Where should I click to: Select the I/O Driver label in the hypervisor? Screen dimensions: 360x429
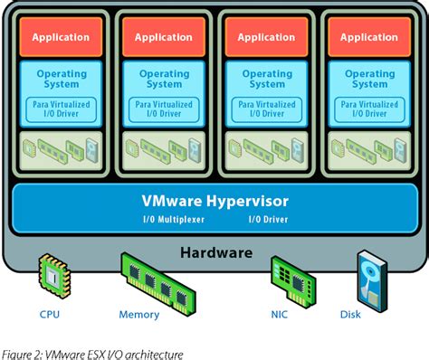[268, 220]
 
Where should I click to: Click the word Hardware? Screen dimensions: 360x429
[215, 252]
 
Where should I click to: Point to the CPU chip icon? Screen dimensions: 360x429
[52, 276]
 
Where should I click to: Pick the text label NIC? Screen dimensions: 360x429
[279, 315]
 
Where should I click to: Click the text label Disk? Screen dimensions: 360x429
[349, 315]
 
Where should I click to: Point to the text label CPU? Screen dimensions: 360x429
[51, 315]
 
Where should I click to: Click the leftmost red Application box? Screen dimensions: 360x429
[61, 37]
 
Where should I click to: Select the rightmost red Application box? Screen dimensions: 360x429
[368, 37]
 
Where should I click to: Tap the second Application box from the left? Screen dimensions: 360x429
[163, 37]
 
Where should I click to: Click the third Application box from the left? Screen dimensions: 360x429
[266, 37]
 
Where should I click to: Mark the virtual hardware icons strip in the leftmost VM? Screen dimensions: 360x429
[61, 147]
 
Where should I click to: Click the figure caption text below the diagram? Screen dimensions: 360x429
[91, 354]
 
